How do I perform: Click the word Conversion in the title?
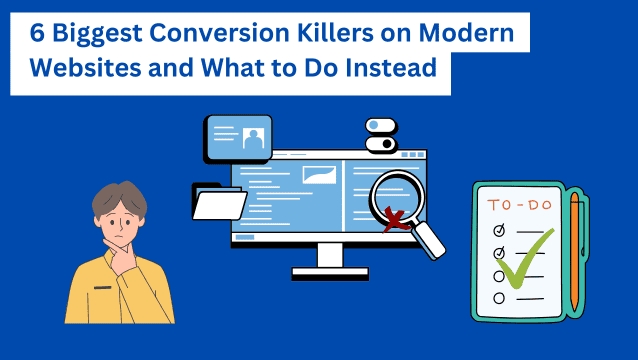click(220, 33)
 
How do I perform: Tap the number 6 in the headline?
click(37, 33)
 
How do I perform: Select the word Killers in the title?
click(335, 33)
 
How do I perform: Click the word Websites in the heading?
click(85, 68)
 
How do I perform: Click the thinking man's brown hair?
click(119, 198)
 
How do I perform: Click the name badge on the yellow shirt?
click(103, 288)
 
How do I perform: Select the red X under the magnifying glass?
click(395, 220)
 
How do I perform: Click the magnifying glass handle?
click(428, 240)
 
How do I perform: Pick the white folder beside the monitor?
click(219, 202)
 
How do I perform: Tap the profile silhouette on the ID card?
click(253, 139)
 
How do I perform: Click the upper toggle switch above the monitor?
click(381, 125)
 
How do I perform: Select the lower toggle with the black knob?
click(381, 144)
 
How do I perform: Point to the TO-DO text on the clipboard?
click(520, 205)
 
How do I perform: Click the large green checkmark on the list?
click(526, 259)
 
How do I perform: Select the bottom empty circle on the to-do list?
click(499, 298)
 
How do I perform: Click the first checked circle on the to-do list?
click(499, 230)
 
